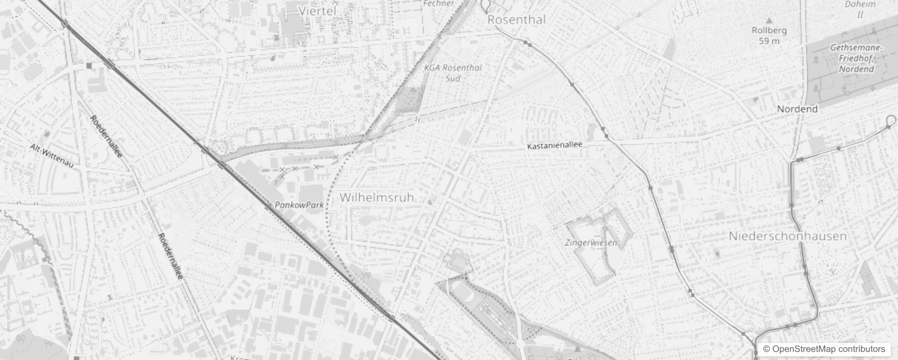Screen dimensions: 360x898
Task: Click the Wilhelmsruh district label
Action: pos(377,197)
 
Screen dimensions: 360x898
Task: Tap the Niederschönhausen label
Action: pos(787,236)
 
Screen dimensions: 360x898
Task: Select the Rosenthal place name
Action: pos(516,19)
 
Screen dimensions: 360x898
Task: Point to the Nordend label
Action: pos(797,109)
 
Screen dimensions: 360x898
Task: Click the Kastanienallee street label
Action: pos(555,145)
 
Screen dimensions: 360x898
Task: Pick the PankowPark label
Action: pos(299,205)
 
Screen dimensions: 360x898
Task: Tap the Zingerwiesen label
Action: pos(591,243)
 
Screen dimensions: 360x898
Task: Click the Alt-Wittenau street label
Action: pos(52,156)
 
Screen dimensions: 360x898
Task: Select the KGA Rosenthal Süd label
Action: pos(453,73)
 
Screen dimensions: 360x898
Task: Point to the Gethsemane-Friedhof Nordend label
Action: pos(856,58)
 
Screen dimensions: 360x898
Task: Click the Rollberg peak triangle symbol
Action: pos(769,21)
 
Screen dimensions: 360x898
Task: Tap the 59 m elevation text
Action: pos(769,41)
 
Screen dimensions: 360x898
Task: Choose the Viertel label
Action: pos(317,11)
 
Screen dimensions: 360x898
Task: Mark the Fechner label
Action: pos(439,4)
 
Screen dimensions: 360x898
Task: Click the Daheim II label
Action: pos(860,9)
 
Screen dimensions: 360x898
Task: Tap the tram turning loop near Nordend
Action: pos(890,120)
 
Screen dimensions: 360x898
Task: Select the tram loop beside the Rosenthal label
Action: pos(485,5)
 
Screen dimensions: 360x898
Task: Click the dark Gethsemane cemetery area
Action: pos(823,81)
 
